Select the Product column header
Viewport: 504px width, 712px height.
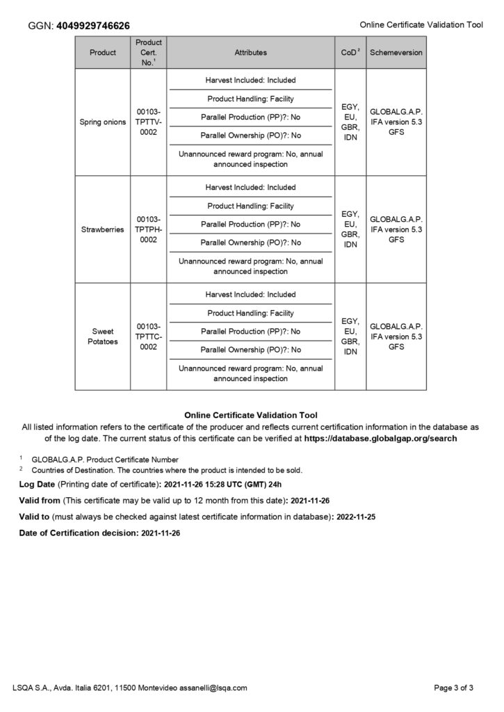click(103, 52)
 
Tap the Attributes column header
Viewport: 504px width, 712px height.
click(250, 52)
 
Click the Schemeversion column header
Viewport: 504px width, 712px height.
click(396, 52)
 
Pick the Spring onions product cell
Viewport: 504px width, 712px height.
click(103, 122)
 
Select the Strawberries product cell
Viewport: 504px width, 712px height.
click(103, 229)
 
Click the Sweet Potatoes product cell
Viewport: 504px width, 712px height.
click(103, 337)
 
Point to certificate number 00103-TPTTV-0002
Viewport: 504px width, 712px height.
click(148, 122)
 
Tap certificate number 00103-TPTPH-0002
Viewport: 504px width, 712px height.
click(148, 229)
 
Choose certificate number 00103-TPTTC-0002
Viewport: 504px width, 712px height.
click(148, 337)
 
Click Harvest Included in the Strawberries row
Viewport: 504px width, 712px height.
click(250, 188)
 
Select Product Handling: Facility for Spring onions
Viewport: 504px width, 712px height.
click(250, 99)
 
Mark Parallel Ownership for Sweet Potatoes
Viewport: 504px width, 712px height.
click(250, 350)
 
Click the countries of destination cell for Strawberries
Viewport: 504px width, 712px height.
click(350, 229)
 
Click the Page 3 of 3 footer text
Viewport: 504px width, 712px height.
click(453, 688)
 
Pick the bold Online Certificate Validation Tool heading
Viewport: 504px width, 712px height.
click(251, 415)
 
